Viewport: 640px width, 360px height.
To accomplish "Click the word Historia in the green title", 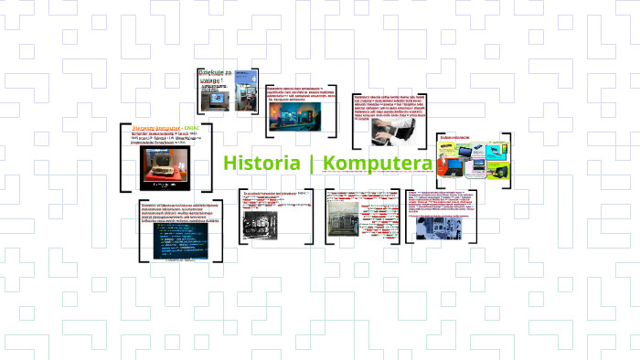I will pos(261,164).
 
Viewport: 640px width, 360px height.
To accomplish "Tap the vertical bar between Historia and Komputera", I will pos(311,164).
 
